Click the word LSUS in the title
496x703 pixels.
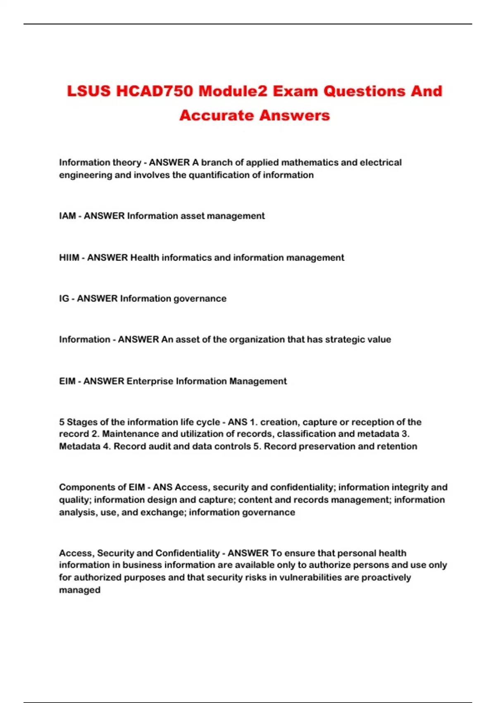coord(89,91)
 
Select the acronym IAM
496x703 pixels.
coord(67,216)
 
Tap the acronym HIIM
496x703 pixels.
coord(69,258)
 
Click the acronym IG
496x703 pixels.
coord(64,299)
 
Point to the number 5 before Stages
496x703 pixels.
coord(62,422)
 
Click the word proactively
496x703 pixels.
coord(386,577)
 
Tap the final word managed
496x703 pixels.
coord(80,590)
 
